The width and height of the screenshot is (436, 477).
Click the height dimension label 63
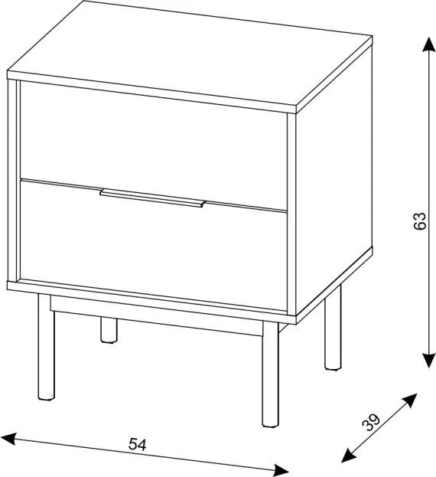pos(420,221)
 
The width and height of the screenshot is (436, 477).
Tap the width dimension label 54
pos(138,444)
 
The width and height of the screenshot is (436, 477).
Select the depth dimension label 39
pos(371,422)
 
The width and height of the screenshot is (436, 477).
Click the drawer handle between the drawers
pos(152,198)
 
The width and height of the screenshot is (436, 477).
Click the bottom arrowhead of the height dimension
pos(428,360)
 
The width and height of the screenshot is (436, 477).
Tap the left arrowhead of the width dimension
pos(8,439)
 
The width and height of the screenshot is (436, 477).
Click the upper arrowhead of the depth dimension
pos(409,400)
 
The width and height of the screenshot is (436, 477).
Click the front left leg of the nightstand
pos(46,347)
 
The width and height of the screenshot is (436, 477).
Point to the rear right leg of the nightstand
pos(333,328)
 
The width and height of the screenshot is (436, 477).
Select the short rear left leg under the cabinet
pos(109,330)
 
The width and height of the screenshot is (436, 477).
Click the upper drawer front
pos(154,145)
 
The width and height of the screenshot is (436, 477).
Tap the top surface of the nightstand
pos(190,55)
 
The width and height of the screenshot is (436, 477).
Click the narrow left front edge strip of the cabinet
pos(14,180)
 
